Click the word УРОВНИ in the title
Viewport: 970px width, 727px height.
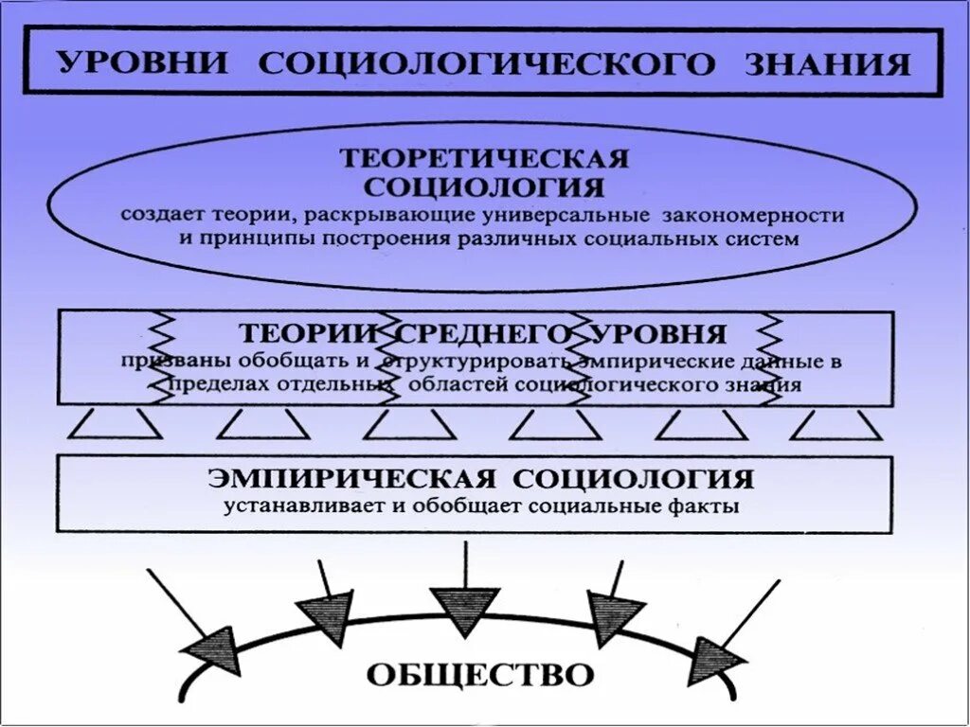pyautogui.click(x=143, y=63)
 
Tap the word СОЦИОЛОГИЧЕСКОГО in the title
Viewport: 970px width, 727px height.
pyautogui.click(x=486, y=63)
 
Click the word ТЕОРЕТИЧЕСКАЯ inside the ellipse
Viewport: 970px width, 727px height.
pyautogui.click(x=484, y=158)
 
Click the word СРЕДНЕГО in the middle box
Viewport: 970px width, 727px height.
pyautogui.click(x=484, y=335)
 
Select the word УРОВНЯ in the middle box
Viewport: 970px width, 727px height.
pyautogui.click(x=659, y=335)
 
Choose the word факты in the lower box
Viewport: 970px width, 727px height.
pyautogui.click(x=706, y=506)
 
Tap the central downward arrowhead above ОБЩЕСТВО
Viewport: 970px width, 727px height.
pyautogui.click(x=465, y=611)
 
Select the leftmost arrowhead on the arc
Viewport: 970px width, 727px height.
pyautogui.click(x=210, y=652)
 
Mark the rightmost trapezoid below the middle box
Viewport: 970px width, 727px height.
pyautogui.click(x=835, y=425)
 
